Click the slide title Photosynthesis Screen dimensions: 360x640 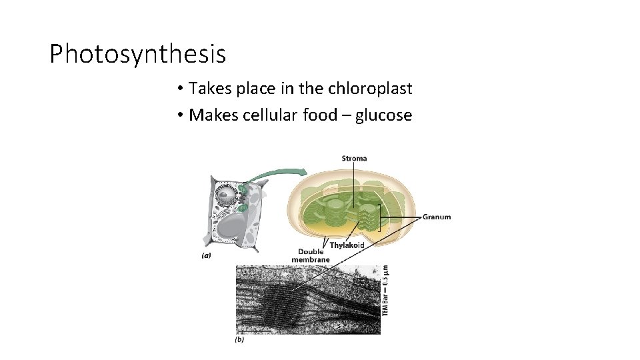[138, 54]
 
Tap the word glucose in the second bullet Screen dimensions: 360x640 [383, 115]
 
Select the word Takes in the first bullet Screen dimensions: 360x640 [209, 88]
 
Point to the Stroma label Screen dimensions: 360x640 [354, 159]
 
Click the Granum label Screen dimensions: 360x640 [437, 217]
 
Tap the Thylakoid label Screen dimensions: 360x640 [347, 245]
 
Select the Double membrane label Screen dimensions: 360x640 [311, 255]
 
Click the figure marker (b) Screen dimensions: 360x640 [239, 339]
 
